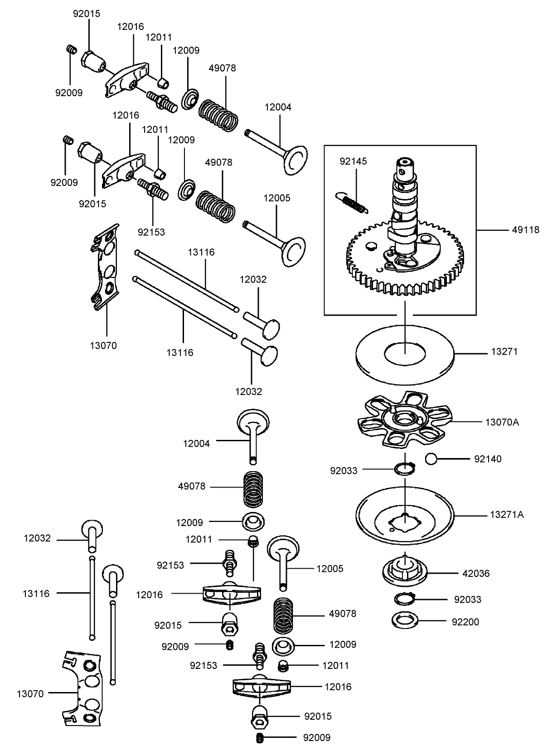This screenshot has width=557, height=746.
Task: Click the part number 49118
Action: pos(526,230)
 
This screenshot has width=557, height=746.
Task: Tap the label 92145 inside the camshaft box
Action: pos(354,161)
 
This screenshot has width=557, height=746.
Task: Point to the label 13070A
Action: pos(502,422)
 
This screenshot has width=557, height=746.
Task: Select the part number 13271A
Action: pos(506,515)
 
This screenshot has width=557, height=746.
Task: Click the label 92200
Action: pos(465,622)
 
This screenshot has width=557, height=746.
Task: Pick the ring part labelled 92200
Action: pos(404,619)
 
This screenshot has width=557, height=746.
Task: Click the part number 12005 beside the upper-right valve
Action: pos(277,198)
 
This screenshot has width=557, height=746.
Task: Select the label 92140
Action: pos(488,459)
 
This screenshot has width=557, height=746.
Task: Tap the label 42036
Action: pos(476,573)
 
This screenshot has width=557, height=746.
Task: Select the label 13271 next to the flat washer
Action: pos(504,352)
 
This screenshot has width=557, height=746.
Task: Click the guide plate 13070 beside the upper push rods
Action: pos(106,268)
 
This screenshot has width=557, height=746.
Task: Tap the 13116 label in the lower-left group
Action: pos(36,593)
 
